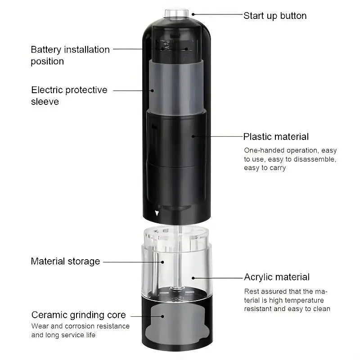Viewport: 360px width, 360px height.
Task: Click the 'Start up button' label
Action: click(x=275, y=16)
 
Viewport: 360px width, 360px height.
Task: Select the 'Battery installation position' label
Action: click(x=70, y=55)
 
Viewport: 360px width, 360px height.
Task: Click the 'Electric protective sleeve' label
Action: click(x=69, y=95)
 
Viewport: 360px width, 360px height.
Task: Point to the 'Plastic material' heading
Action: click(x=276, y=136)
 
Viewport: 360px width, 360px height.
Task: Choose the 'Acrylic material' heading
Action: click(x=277, y=277)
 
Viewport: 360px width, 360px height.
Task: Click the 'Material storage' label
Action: click(x=65, y=261)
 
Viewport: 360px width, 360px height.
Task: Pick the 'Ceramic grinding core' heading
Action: click(x=78, y=315)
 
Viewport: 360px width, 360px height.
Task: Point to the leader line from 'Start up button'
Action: click(x=216, y=14)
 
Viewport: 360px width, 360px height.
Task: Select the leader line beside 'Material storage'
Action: click(x=130, y=261)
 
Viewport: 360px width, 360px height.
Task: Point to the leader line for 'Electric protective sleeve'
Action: click(x=133, y=90)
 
